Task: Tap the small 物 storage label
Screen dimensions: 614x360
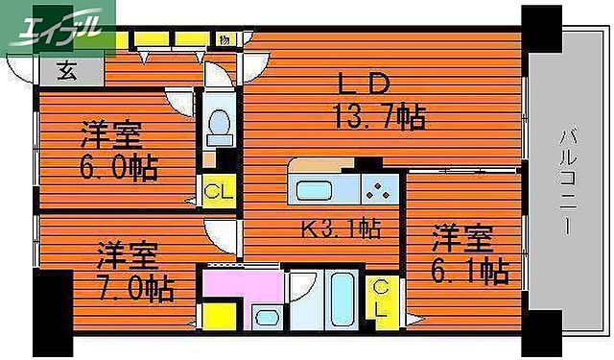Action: [224, 39]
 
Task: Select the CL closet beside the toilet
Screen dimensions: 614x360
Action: [217, 190]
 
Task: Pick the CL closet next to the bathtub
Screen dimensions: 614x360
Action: [381, 300]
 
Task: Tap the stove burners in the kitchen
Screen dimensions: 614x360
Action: [377, 189]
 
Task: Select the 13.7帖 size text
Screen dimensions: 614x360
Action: [379, 117]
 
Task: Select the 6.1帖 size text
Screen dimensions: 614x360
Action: [469, 271]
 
